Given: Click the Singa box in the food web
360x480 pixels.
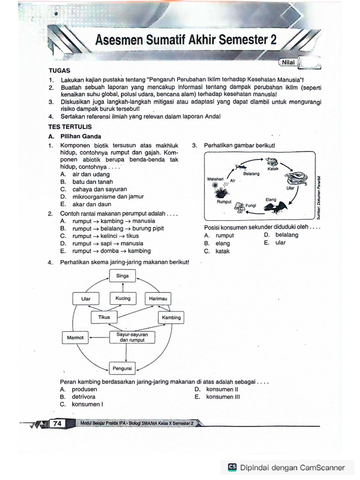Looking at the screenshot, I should [x=122, y=276].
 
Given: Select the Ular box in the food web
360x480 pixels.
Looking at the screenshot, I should [x=86, y=299].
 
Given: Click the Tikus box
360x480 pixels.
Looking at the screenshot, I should [x=104, y=317].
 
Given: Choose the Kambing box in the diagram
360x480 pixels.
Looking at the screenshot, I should [x=171, y=317].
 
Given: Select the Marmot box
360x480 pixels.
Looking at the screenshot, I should [x=75, y=337].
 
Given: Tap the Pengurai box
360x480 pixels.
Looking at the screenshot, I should [x=122, y=368].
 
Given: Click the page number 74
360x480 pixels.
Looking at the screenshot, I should [x=58, y=423].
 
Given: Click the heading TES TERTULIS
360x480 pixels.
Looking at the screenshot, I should [x=70, y=127].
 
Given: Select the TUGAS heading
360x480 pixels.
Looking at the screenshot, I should [x=59, y=70].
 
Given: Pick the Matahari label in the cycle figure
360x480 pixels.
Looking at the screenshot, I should [x=215, y=179].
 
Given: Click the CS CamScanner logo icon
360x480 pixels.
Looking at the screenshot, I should [x=232, y=467].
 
